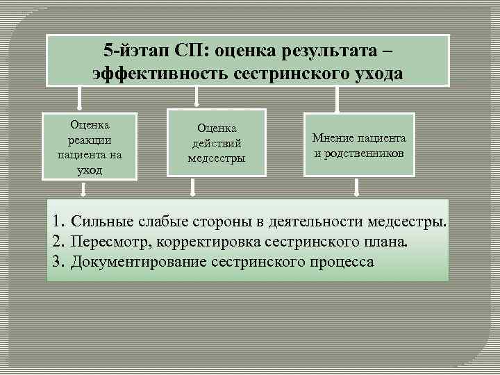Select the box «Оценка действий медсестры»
pos(217,143)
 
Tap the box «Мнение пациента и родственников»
pos(359,144)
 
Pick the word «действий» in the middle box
pos(217,142)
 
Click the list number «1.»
pos(58,222)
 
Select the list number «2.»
pos(58,242)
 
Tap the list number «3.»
pos(58,262)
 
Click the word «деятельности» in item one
pos(335,222)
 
